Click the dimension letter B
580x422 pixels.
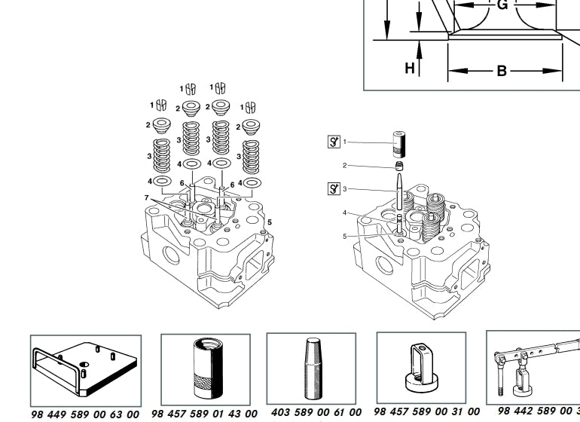point(502,72)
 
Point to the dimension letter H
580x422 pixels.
point(410,68)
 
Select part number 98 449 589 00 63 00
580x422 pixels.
point(85,414)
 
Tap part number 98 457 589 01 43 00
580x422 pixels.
point(204,414)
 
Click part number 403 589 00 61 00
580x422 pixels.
point(316,412)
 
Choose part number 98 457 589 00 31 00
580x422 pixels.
point(426,411)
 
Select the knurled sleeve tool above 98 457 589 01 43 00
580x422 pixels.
point(205,368)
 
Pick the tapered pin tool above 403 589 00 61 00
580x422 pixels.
point(315,368)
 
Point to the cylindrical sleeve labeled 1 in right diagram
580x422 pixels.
point(398,142)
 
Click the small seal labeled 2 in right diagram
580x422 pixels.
point(399,166)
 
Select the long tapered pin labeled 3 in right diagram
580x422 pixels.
point(398,193)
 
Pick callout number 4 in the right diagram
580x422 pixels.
point(345,213)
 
